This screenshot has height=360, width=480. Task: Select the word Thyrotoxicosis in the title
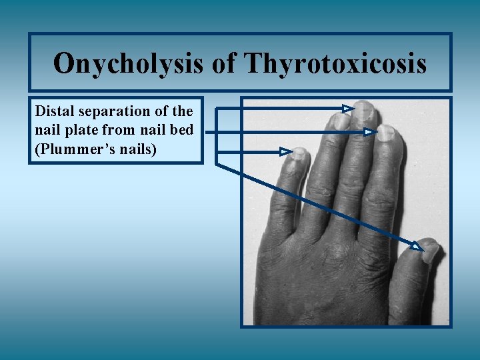[x=336, y=64]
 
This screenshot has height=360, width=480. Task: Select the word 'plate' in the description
[x=81, y=129]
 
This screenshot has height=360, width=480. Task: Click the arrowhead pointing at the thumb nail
[x=417, y=247]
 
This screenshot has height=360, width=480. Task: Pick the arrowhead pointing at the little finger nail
[x=286, y=152]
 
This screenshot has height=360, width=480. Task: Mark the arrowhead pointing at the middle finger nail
[x=348, y=107]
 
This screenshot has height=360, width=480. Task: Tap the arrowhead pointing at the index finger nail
[x=371, y=133]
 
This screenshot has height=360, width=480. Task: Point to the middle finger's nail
[x=364, y=111]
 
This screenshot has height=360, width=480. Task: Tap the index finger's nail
[x=387, y=133]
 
